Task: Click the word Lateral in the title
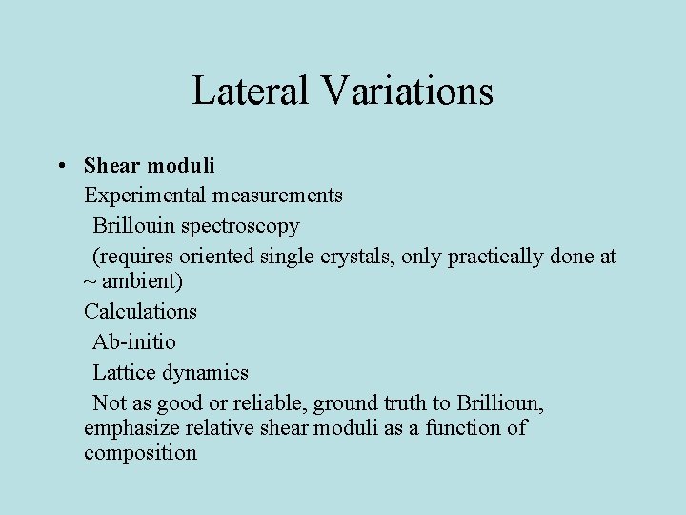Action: tap(251, 91)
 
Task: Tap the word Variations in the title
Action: tap(407, 91)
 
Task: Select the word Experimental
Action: tap(145, 196)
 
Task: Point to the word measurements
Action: tap(278, 196)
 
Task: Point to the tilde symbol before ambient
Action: tap(90, 283)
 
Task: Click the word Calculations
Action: tap(140, 311)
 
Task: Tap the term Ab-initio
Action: tap(134, 341)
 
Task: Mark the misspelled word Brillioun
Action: tap(500, 402)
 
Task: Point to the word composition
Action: tap(140, 453)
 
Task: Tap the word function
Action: tap(465, 428)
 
